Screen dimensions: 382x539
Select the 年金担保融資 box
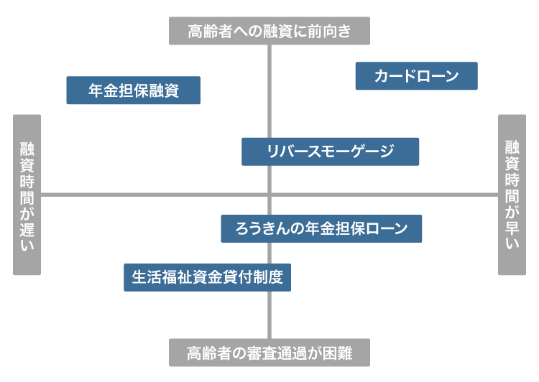click(133, 90)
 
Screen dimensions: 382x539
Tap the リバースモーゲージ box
click(330, 152)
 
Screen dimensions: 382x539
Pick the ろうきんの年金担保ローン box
click(321, 228)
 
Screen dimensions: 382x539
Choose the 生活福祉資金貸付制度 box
click(207, 276)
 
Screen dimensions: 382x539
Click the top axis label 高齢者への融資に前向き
click(269, 31)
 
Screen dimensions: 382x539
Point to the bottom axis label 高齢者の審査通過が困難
click(269, 353)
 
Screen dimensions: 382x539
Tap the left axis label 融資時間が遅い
click(27, 195)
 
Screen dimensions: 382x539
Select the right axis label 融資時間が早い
click(512, 195)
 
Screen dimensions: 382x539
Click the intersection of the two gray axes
click(269, 195)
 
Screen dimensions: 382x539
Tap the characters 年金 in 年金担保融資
click(103, 90)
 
